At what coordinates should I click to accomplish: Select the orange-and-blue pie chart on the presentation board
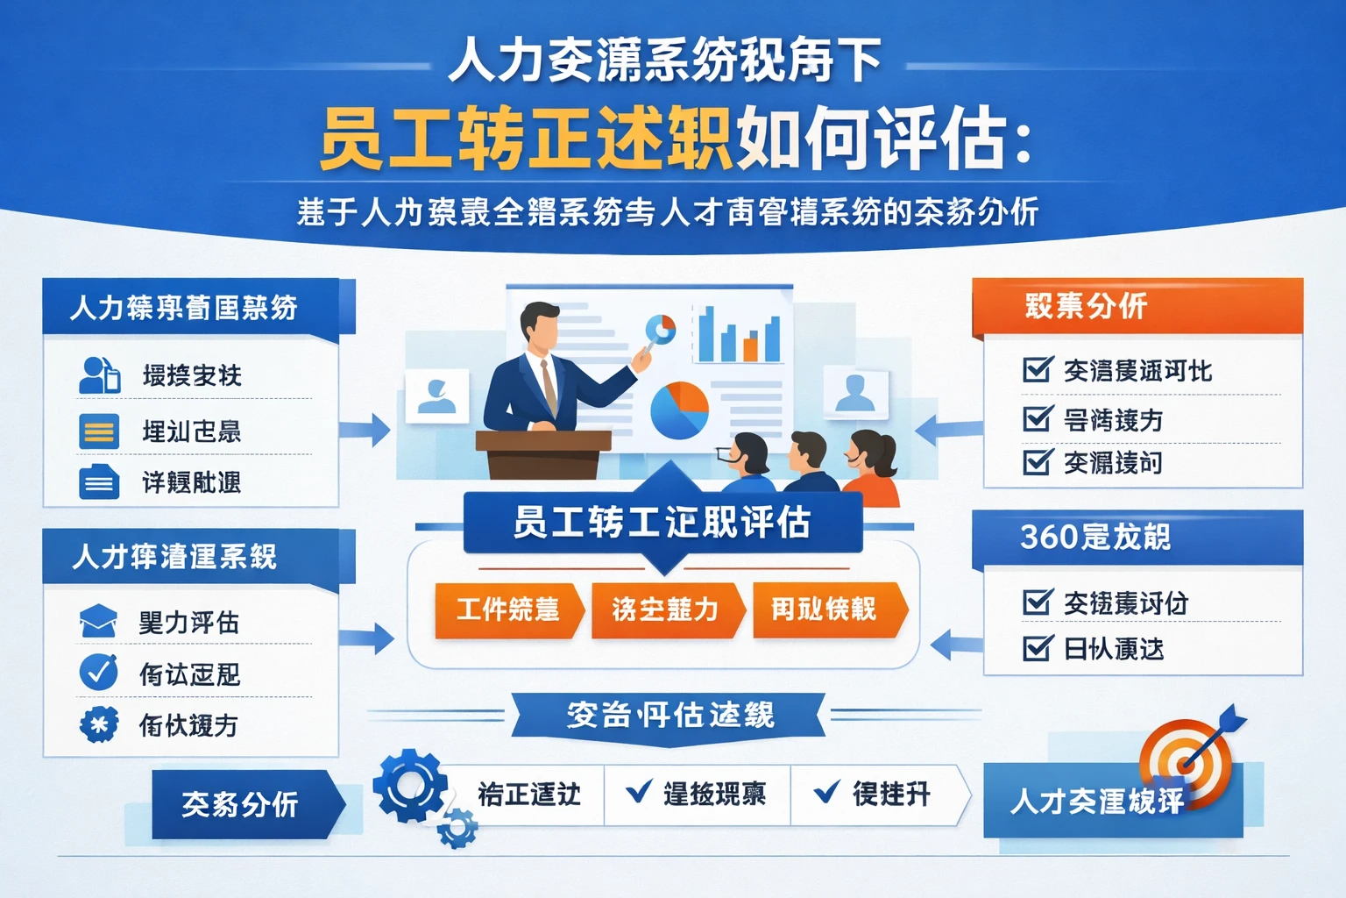click(679, 410)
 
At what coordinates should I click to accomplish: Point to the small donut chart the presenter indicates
click(661, 328)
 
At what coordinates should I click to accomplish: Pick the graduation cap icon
click(98, 621)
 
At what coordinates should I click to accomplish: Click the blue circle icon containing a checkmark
click(98, 673)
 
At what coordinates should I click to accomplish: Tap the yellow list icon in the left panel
click(99, 431)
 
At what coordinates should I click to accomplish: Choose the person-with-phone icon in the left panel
click(99, 375)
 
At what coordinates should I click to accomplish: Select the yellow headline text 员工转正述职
click(525, 139)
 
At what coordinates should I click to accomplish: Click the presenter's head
click(540, 326)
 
